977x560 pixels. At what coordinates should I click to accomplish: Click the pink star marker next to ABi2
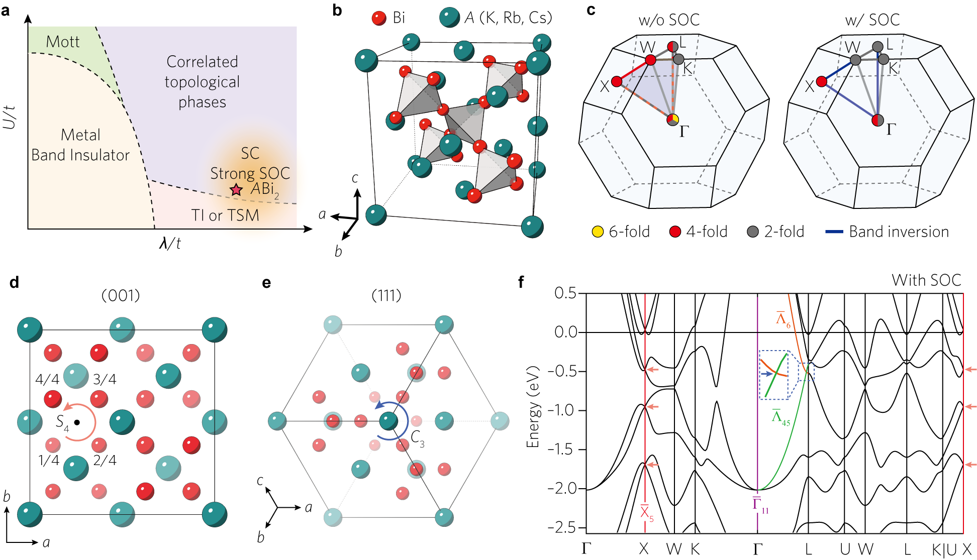pyautogui.click(x=236, y=190)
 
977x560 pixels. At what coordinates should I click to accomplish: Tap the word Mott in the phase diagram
pyautogui.click(x=63, y=42)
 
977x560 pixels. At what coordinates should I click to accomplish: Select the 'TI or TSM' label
pyautogui.click(x=225, y=215)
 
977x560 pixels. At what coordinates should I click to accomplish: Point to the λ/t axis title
pyautogui.click(x=170, y=244)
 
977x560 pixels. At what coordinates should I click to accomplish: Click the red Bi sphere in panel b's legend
pyautogui.click(x=379, y=18)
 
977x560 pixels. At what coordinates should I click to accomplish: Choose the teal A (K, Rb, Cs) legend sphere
pyautogui.click(x=449, y=18)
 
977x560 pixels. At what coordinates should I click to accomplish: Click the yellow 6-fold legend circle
pyautogui.click(x=598, y=232)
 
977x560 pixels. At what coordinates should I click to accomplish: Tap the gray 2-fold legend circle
pyautogui.click(x=752, y=232)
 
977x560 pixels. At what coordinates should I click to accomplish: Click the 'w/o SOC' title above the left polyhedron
pyautogui.click(x=669, y=20)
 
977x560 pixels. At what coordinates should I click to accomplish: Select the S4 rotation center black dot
pyautogui.click(x=77, y=422)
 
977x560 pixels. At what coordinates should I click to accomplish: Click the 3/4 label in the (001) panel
pyautogui.click(x=105, y=379)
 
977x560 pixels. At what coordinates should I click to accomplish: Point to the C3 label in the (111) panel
pyautogui.click(x=418, y=438)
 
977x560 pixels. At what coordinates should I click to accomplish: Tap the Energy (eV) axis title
pyautogui.click(x=532, y=407)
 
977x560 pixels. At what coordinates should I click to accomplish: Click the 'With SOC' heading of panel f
pyautogui.click(x=926, y=280)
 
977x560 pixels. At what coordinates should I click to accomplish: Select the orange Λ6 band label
pyautogui.click(x=783, y=319)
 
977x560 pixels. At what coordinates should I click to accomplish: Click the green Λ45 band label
pyautogui.click(x=780, y=418)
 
